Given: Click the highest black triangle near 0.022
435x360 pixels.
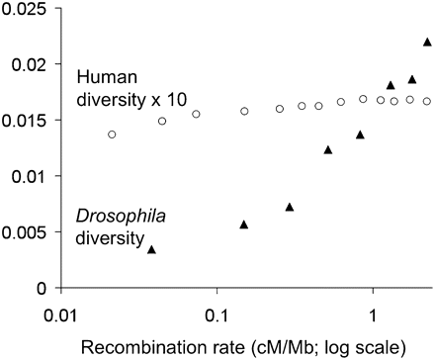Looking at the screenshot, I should pyautogui.click(x=427, y=42).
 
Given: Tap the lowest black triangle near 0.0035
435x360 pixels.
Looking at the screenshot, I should pyautogui.click(x=151, y=249).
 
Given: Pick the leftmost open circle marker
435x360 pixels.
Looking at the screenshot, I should pyautogui.click(x=112, y=135).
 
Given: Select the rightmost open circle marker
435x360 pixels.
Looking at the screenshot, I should pyautogui.click(x=427, y=101).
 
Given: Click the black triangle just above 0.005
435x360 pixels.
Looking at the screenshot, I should pyautogui.click(x=244, y=225).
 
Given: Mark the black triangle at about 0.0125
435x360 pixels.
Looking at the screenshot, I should pyautogui.click(x=328, y=149).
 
